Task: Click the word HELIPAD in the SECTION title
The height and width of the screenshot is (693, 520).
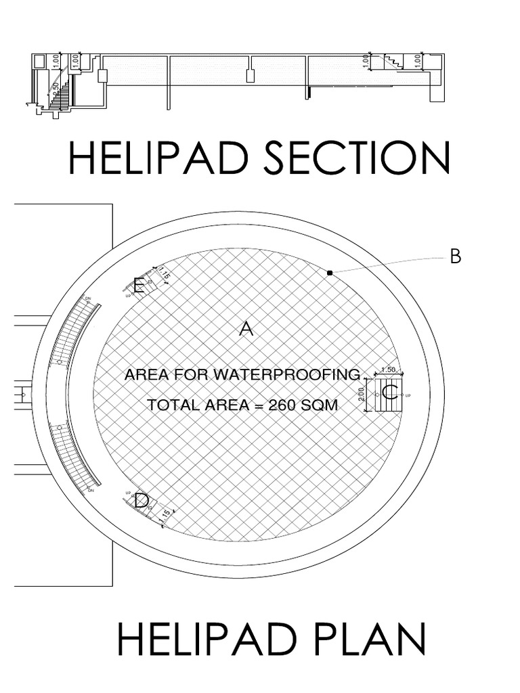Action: click(x=160, y=158)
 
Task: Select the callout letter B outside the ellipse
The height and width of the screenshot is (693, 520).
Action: click(x=456, y=256)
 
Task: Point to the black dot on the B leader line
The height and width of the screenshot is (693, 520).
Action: click(x=330, y=273)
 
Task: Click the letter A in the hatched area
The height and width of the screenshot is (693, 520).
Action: click(x=246, y=330)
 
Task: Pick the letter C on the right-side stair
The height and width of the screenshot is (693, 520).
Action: click(x=389, y=393)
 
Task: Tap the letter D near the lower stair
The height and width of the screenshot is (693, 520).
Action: click(x=141, y=501)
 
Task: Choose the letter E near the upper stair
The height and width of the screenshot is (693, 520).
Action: click(x=139, y=286)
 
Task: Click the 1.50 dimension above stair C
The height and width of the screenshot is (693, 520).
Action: click(x=389, y=370)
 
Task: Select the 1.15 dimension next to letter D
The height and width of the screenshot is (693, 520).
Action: click(x=163, y=516)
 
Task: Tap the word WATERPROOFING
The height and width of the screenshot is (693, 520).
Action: click(x=299, y=374)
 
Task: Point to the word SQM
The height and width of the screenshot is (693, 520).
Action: click(x=324, y=405)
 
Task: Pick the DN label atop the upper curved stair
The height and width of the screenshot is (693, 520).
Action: click(x=88, y=298)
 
